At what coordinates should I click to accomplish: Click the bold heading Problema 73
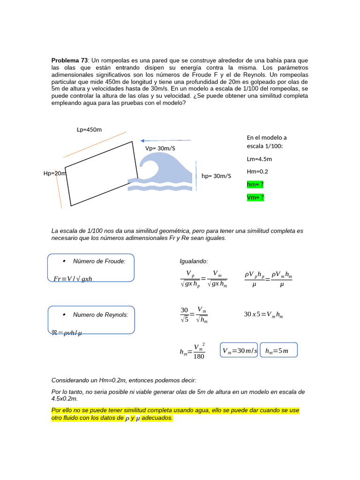pyautogui.click(x=69, y=61)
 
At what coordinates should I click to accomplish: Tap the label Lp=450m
pyautogui.click(x=89, y=129)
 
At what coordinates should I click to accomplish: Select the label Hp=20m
pyautogui.click(x=55, y=173)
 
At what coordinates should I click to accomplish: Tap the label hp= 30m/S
pyautogui.click(x=216, y=176)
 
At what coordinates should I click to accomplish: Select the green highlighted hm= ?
pyautogui.click(x=255, y=185)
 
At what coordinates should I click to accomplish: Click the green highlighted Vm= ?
pyautogui.click(x=255, y=197)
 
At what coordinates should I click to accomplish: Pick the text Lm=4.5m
pyautogui.click(x=259, y=159)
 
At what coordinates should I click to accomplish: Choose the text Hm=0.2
pyautogui.click(x=257, y=172)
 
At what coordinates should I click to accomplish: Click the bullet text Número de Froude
pyautogui.click(x=99, y=261)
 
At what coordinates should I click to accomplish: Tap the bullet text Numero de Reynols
pyautogui.click(x=100, y=315)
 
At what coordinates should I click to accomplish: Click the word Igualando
pyautogui.click(x=194, y=261)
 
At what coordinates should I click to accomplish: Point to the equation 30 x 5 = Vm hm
pyautogui.click(x=263, y=315)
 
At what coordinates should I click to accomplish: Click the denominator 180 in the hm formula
pyautogui.click(x=199, y=356)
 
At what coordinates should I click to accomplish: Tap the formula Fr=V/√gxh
pyautogui.click(x=73, y=279)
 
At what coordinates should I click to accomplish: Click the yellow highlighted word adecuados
pyautogui.click(x=157, y=418)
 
